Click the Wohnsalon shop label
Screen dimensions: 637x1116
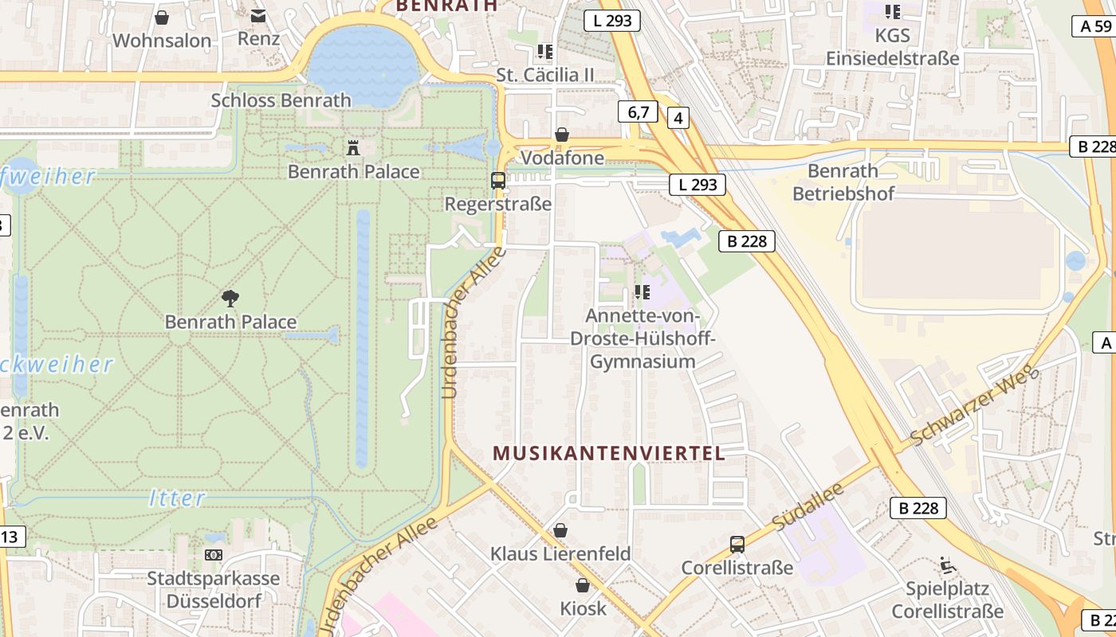click(162, 41)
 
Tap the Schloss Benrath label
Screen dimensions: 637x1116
click(281, 100)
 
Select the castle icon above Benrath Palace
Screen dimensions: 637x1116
click(353, 147)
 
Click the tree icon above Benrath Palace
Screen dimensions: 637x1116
click(230, 299)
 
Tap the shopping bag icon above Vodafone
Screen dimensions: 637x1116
click(562, 135)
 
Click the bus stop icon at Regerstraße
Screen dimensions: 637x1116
click(498, 181)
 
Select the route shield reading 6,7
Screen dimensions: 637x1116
click(638, 112)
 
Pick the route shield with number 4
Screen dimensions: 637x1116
click(678, 119)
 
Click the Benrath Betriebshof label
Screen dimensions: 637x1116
click(843, 182)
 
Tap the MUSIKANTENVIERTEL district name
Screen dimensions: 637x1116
click(609, 454)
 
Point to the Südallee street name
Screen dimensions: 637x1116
click(808, 506)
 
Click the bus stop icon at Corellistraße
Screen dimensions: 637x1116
click(737, 545)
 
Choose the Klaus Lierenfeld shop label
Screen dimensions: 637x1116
click(560, 553)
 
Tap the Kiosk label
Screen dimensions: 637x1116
click(583, 609)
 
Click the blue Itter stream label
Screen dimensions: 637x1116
click(177, 499)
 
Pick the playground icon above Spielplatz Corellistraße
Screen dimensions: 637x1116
click(947, 565)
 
